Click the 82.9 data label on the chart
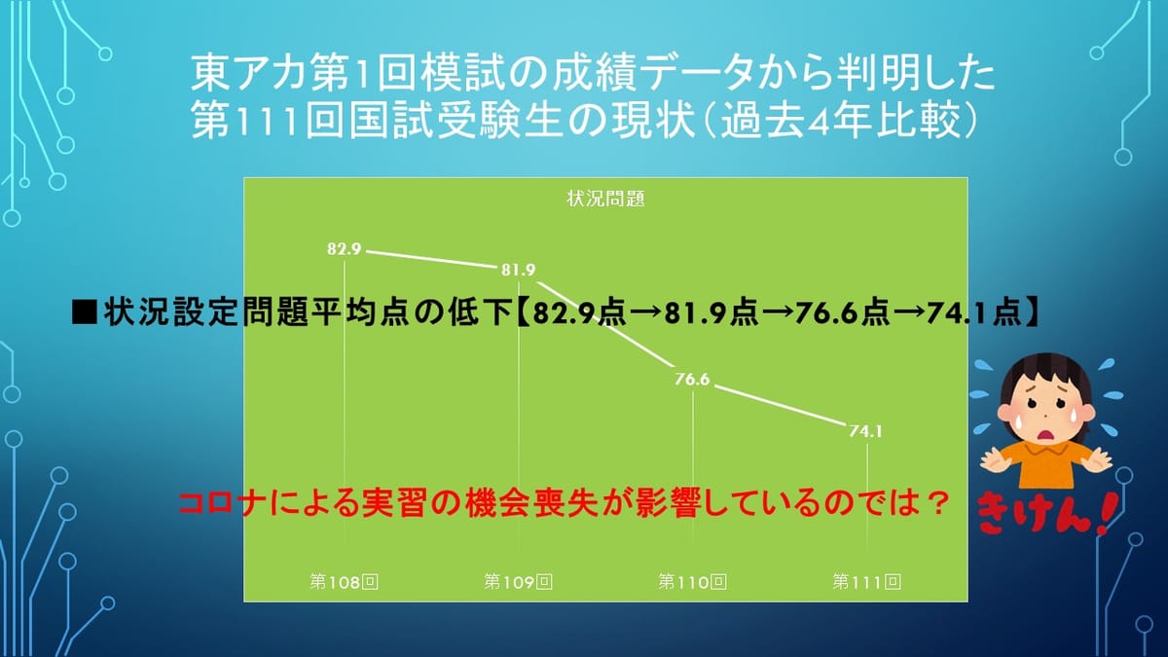345,249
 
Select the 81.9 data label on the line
518,270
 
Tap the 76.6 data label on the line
692,379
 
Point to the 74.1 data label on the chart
865,431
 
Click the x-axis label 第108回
345,581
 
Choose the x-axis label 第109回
518,581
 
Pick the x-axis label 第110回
692,581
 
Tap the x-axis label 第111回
866,581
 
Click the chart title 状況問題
605,199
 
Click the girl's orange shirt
1047,464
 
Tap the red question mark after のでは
938,504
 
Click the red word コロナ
219,504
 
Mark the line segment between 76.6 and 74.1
780,405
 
